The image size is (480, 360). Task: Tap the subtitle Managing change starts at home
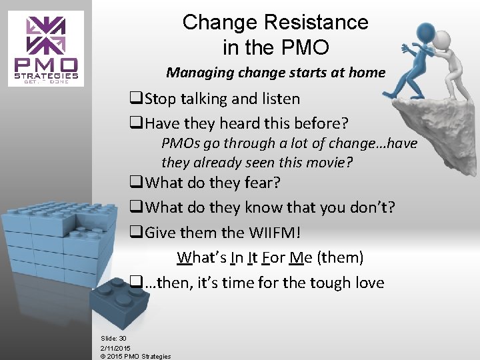(275, 72)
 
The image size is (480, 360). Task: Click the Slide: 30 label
(113, 339)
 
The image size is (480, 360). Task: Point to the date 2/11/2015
(115, 347)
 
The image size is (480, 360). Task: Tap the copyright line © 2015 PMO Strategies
(135, 356)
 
